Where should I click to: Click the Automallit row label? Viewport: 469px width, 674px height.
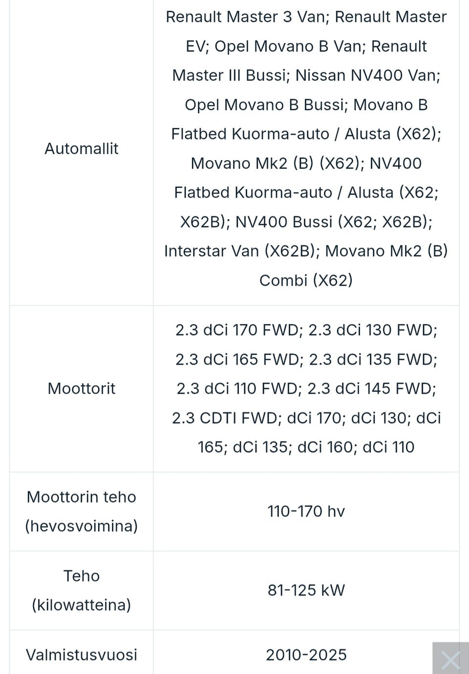(81, 149)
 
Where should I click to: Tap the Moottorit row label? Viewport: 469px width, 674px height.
(81, 388)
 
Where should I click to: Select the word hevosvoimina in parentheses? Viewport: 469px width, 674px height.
(81, 526)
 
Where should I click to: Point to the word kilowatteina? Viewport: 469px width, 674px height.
(81, 605)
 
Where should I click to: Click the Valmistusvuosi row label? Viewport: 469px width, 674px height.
(81, 655)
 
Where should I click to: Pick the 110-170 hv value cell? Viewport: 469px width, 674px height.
(306, 511)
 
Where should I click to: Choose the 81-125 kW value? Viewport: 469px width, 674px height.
(306, 590)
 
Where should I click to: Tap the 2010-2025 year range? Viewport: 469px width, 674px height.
(306, 655)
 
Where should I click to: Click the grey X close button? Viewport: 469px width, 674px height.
(450, 659)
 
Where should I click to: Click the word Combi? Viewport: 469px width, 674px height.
(283, 281)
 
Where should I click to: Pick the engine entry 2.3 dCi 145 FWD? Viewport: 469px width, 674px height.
(372, 388)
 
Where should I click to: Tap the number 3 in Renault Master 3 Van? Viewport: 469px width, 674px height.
(287, 17)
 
